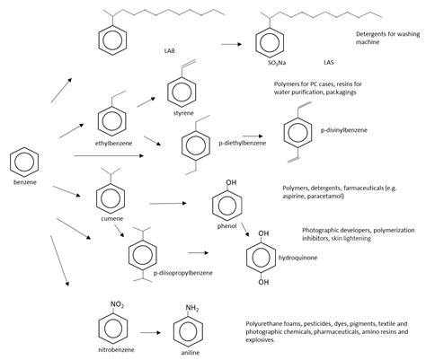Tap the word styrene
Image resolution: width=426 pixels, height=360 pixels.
point(182,114)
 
